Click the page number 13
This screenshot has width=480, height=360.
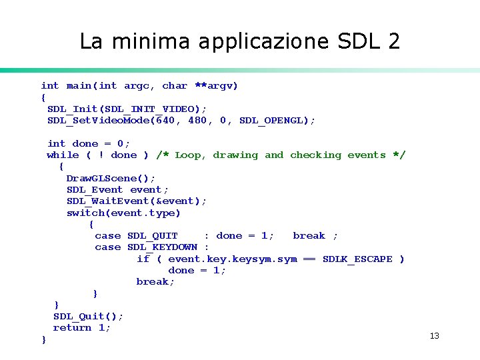pos(435,336)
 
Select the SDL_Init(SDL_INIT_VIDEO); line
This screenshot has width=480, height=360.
pos(127,109)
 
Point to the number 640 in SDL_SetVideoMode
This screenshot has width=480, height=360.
pos(165,121)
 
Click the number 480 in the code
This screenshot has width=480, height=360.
pos(197,121)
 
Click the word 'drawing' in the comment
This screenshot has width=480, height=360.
pos(235,155)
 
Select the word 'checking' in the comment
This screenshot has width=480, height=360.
pos(315,155)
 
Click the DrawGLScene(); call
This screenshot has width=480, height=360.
pos(111,178)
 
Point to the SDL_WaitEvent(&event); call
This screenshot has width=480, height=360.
pos(137,201)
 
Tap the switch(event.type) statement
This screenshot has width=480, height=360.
pos(123,213)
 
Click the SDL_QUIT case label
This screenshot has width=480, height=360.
pos(153,236)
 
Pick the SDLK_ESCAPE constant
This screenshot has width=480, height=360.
pos(357,259)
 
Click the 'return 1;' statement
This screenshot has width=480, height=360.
pos(82,328)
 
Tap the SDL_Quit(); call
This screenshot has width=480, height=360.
pos(88,317)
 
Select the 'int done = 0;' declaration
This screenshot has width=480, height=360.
pos(89,144)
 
